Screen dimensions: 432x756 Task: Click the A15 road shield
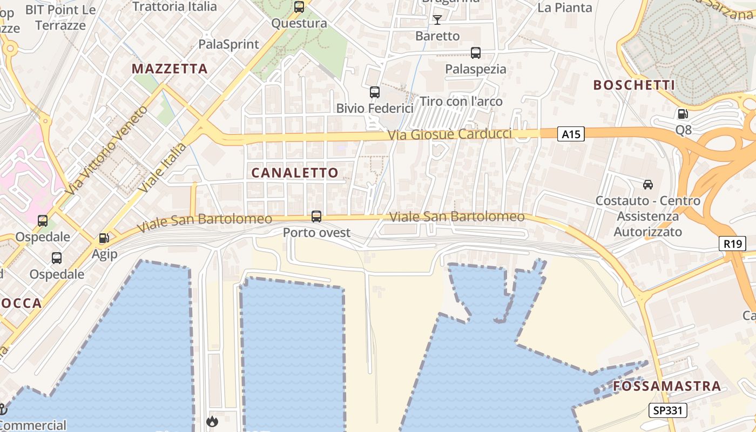pyautogui.click(x=571, y=134)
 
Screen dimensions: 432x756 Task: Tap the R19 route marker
pyautogui.click(x=732, y=244)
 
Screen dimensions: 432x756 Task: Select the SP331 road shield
pyautogui.click(x=668, y=410)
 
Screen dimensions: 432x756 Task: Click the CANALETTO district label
pyautogui.click(x=295, y=173)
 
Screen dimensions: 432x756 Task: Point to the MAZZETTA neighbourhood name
pyautogui.click(x=170, y=69)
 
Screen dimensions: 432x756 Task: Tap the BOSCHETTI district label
pyautogui.click(x=634, y=85)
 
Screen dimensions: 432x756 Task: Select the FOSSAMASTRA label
pyautogui.click(x=667, y=386)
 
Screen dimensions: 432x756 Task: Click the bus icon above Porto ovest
pyautogui.click(x=316, y=217)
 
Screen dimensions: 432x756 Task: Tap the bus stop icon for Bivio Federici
pyautogui.click(x=374, y=92)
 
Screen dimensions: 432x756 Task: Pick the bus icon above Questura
pyautogui.click(x=299, y=7)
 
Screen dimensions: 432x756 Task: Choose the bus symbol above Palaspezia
pyautogui.click(x=475, y=53)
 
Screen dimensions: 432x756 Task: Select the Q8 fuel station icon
pyautogui.click(x=683, y=114)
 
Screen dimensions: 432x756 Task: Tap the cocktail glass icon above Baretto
pyautogui.click(x=437, y=20)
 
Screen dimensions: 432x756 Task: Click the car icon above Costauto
pyautogui.click(x=647, y=185)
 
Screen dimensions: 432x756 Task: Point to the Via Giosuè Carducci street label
pyautogui.click(x=450, y=134)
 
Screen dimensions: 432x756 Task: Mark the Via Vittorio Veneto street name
pyautogui.click(x=106, y=150)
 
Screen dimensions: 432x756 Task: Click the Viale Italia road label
pyautogui.click(x=162, y=167)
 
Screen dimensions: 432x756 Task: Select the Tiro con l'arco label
pyautogui.click(x=461, y=102)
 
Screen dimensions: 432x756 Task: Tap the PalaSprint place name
pyautogui.click(x=229, y=44)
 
